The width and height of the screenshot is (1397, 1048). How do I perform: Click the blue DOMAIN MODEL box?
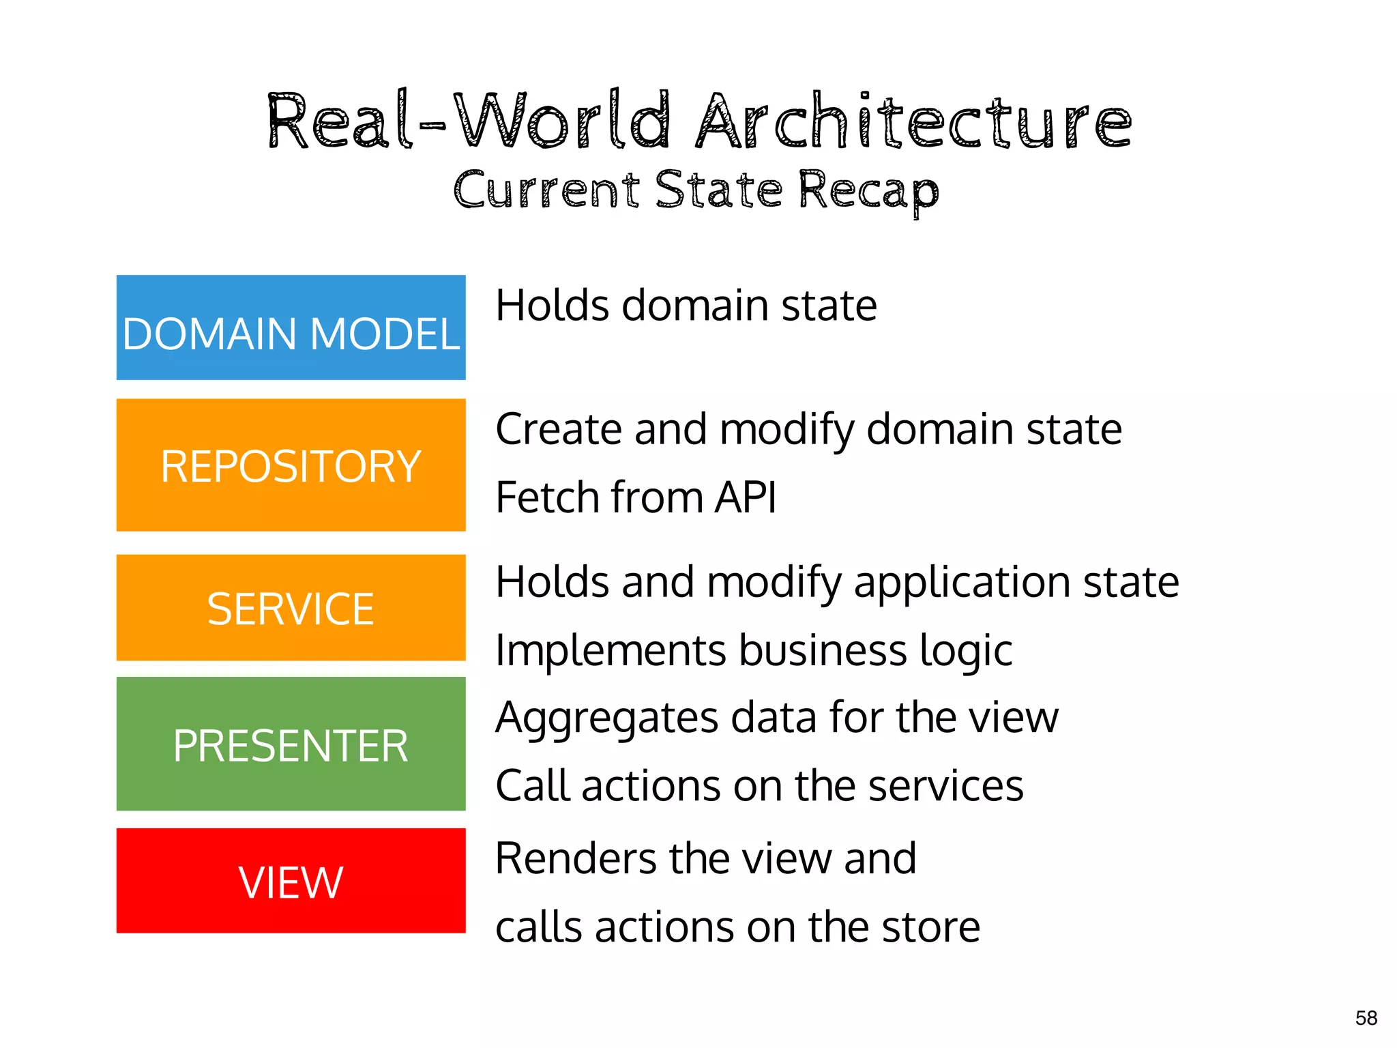[291, 327]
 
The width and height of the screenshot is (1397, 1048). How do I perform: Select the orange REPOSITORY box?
[291, 465]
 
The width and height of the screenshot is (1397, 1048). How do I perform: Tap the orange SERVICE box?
[291, 608]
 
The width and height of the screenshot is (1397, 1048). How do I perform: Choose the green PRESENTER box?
[291, 744]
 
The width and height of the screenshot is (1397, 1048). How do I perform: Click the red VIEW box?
[291, 881]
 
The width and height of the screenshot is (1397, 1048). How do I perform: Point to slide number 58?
[1366, 1018]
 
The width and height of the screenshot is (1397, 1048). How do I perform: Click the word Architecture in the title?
[914, 121]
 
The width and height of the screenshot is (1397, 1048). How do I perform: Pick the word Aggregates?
[607, 719]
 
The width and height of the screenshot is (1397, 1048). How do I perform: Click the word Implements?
[611, 651]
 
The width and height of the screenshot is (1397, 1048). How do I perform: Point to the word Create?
[559, 430]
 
